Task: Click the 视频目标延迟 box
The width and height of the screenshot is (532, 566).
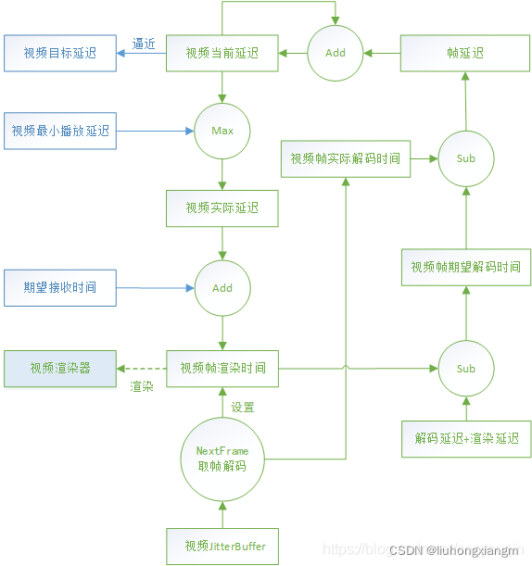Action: pyautogui.click(x=60, y=53)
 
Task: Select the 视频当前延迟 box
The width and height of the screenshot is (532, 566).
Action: pyautogui.click(x=222, y=53)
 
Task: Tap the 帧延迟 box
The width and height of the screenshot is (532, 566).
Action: pyautogui.click(x=465, y=53)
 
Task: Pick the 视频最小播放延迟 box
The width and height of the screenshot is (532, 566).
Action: pyautogui.click(x=60, y=131)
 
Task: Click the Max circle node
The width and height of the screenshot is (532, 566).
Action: pyautogui.click(x=222, y=131)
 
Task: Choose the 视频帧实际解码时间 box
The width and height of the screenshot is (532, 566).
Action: pyautogui.click(x=345, y=158)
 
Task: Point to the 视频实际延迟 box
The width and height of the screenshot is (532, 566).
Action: pyautogui.click(x=222, y=208)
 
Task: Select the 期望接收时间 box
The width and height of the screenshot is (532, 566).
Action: pyautogui.click(x=60, y=287)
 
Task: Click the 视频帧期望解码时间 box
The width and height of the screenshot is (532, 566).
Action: pyautogui.click(x=465, y=266)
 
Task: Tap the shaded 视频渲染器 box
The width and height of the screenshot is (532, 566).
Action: pyautogui.click(x=60, y=368)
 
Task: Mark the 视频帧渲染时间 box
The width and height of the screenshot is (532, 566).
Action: pyautogui.click(x=222, y=368)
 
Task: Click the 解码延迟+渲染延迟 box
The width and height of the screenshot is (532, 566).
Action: pyautogui.click(x=465, y=438)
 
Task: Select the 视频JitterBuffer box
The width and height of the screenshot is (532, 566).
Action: pyautogui.click(x=222, y=546)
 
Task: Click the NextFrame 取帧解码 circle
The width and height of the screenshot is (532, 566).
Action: pyautogui.click(x=222, y=459)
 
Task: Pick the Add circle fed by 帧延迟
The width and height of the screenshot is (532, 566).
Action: pyautogui.click(x=336, y=53)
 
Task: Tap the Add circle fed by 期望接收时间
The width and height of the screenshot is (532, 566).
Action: pyautogui.click(x=222, y=287)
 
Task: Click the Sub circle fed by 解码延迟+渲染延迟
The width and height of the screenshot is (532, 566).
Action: pyautogui.click(x=465, y=368)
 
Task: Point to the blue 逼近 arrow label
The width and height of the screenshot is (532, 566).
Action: pyautogui.click(x=143, y=43)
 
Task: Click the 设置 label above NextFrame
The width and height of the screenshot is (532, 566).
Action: pyautogui.click(x=243, y=407)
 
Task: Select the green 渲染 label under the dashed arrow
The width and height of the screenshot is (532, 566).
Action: pyautogui.click(x=142, y=386)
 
